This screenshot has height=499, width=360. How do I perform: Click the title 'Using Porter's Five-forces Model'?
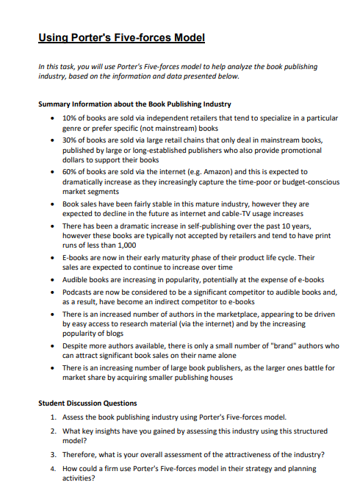click(x=121, y=37)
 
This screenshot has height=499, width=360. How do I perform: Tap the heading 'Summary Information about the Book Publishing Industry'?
click(x=134, y=104)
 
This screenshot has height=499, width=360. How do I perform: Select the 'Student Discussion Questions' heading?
click(x=87, y=403)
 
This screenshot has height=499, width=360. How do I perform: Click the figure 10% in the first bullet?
click(x=71, y=118)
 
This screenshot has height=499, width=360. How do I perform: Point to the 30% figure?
click(x=71, y=139)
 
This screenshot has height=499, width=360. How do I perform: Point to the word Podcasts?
click(x=80, y=292)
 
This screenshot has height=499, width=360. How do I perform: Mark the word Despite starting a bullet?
click(x=77, y=345)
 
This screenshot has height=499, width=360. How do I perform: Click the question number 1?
click(x=54, y=416)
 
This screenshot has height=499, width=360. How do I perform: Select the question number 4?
click(x=54, y=468)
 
